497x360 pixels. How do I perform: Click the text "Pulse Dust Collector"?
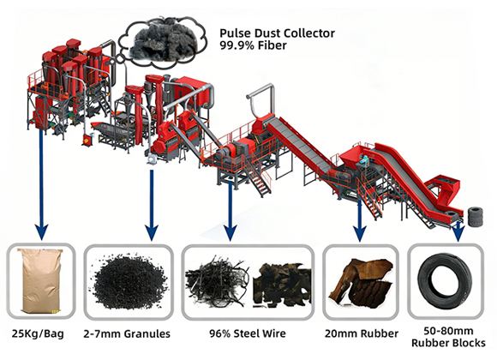(x=277, y=33)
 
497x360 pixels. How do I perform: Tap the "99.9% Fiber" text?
(x=253, y=45)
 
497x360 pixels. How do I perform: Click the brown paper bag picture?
(x=41, y=280)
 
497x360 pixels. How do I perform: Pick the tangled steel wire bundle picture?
(x=217, y=280)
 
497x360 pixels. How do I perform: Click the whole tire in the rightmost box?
(x=446, y=281)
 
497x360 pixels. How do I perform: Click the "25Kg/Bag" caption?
(x=38, y=333)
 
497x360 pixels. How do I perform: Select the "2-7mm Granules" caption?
(x=127, y=333)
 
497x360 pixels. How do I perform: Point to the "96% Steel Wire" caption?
(x=248, y=333)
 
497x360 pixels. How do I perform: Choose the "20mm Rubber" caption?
(x=362, y=333)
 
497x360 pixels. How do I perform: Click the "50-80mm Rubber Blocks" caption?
(x=448, y=337)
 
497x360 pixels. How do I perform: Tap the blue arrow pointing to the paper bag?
(x=41, y=183)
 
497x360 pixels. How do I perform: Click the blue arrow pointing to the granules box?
(x=152, y=205)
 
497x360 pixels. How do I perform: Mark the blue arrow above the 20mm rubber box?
(x=360, y=219)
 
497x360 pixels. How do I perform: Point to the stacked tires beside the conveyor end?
(x=476, y=217)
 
